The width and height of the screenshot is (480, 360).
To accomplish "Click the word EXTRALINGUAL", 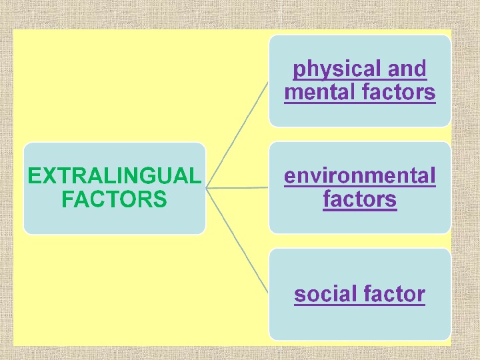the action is [113, 176].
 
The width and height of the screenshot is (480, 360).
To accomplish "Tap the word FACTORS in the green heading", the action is [113, 199].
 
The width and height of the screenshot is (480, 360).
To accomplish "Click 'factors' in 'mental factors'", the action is [399, 92].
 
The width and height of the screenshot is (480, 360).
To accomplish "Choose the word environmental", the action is [360, 176].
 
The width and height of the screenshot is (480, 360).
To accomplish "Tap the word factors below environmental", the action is [360, 199].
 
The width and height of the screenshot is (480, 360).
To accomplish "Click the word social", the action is [325, 293].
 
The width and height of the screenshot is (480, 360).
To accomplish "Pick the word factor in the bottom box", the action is [393, 293].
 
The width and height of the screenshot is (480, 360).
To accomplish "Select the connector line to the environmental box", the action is [237, 188].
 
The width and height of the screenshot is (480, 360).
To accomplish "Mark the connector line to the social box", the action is [237, 240].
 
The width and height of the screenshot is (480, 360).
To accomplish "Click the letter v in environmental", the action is [310, 177].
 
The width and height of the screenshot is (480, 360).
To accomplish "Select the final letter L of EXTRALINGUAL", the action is [194, 176].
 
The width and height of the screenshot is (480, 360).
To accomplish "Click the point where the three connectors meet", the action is [207, 189].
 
